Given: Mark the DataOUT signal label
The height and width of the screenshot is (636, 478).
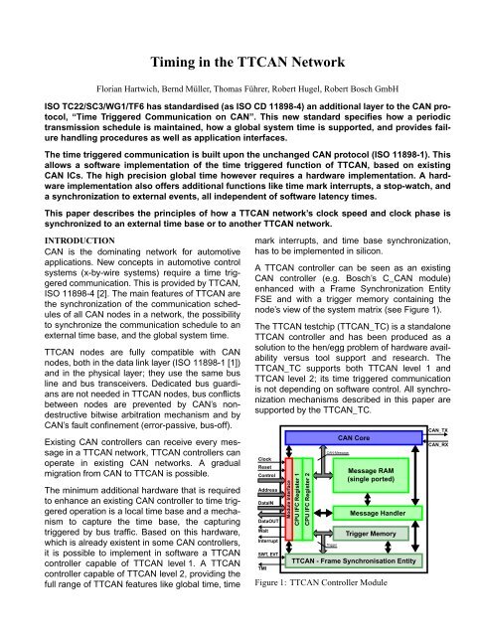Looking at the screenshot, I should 268,521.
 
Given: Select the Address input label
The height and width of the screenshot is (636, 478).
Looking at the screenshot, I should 268,491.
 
